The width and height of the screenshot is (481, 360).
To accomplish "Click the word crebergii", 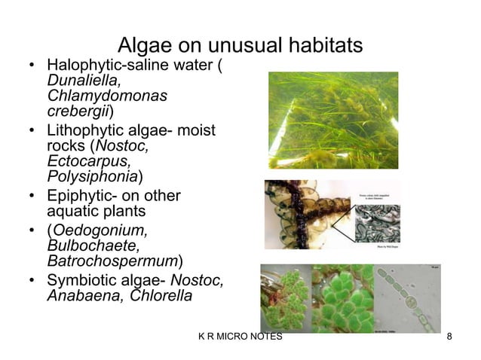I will (x=78, y=112).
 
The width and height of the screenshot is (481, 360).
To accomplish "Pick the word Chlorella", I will (x=161, y=296).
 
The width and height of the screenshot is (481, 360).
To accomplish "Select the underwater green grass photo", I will (x=332, y=119).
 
